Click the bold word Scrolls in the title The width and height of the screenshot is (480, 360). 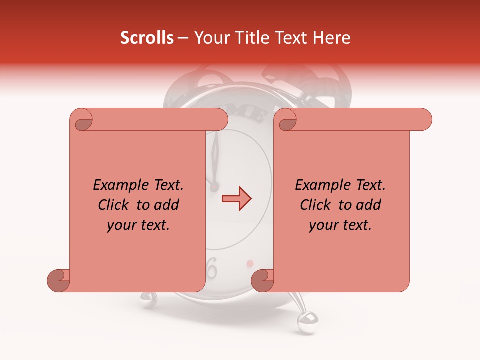[147, 38]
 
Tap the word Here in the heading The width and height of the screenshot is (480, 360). [332, 38]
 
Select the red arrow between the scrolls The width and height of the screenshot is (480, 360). [236, 199]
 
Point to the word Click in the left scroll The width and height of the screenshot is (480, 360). [114, 205]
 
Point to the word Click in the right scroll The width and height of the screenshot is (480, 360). [316, 205]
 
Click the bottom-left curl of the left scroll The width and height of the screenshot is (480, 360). [58, 280]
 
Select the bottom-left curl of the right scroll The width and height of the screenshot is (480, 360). [262, 280]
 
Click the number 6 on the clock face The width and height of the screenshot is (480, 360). [212, 268]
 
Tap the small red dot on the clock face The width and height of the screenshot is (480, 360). [250, 263]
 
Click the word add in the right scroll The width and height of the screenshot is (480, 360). [369, 205]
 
